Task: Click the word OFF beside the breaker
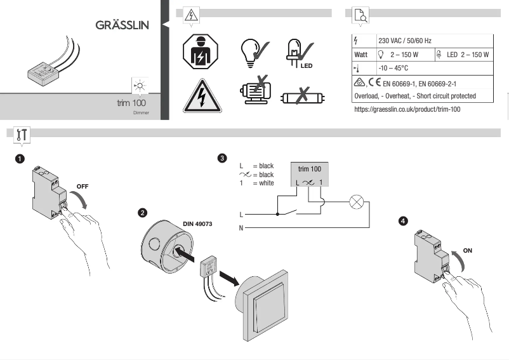coord(83,186)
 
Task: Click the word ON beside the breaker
coord(468,251)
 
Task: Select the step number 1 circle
coord(20,157)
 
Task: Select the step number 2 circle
coord(143,213)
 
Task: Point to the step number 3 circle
coord(221,157)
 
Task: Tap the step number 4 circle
coord(402,221)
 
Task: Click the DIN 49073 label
coord(197,224)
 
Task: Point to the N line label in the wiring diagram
coord(241,227)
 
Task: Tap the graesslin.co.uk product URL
coord(407,109)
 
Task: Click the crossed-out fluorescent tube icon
coord(301,98)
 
